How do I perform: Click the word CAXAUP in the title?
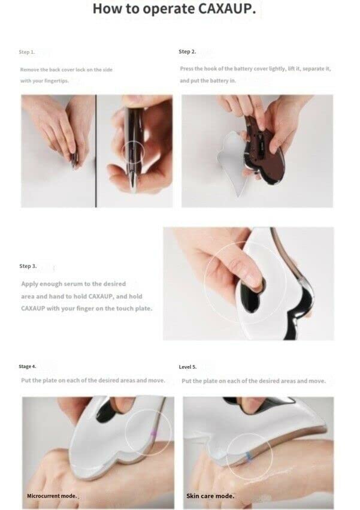click(x=226, y=9)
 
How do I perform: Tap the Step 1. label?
click(x=27, y=52)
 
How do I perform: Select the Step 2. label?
click(x=187, y=52)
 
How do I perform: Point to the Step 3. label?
click(x=28, y=266)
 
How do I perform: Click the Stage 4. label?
click(x=28, y=367)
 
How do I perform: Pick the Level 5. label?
click(x=187, y=367)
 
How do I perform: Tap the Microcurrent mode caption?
click(x=52, y=496)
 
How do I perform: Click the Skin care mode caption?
click(x=210, y=496)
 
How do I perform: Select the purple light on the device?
click(x=153, y=434)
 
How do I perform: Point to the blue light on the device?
click(x=249, y=456)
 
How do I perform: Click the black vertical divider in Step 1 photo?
click(x=96, y=151)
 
